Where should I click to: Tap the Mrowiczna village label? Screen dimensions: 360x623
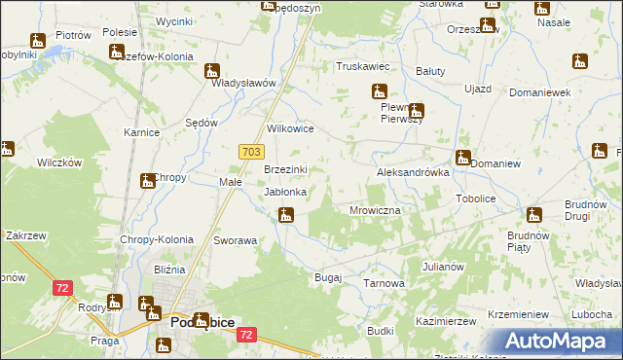coord(376,210)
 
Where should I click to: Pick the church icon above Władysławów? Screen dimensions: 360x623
coord(212,71)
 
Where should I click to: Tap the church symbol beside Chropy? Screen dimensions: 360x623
coord(148,180)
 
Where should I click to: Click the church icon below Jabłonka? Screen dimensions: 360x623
coord(285,214)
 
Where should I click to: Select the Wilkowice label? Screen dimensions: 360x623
coord(290,128)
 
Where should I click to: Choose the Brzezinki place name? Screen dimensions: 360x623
coord(287,169)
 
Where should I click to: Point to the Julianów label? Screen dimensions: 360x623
coord(443,266)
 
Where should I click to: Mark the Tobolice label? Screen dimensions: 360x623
coord(476,198)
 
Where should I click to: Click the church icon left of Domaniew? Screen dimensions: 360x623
coord(463,158)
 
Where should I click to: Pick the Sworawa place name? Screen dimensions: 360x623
coord(235,239)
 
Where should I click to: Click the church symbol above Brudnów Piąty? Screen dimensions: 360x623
coord(534,215)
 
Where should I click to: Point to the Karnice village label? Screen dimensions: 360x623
coord(141,131)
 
